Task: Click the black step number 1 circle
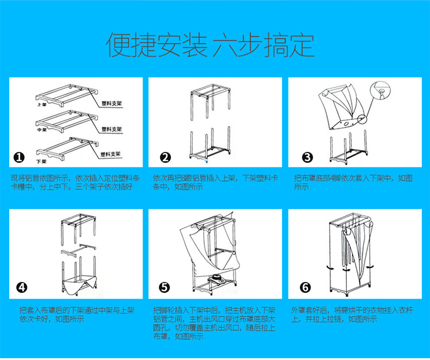(x=19, y=158)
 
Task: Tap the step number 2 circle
(x=166, y=158)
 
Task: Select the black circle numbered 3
(x=307, y=158)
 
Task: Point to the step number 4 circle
(x=21, y=288)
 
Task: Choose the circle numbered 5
(x=165, y=288)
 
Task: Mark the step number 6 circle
(x=306, y=288)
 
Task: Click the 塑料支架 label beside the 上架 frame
(x=111, y=104)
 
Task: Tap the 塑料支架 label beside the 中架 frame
(x=111, y=128)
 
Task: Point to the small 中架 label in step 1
(x=41, y=130)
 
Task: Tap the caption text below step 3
(x=353, y=182)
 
